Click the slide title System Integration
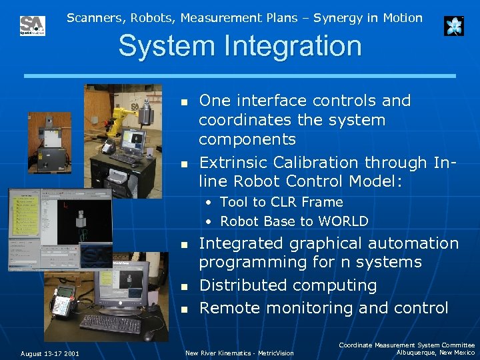(240, 46)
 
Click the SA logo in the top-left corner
(32, 25)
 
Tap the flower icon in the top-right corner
(454, 26)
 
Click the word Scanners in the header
(91, 18)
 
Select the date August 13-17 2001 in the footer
(49, 353)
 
